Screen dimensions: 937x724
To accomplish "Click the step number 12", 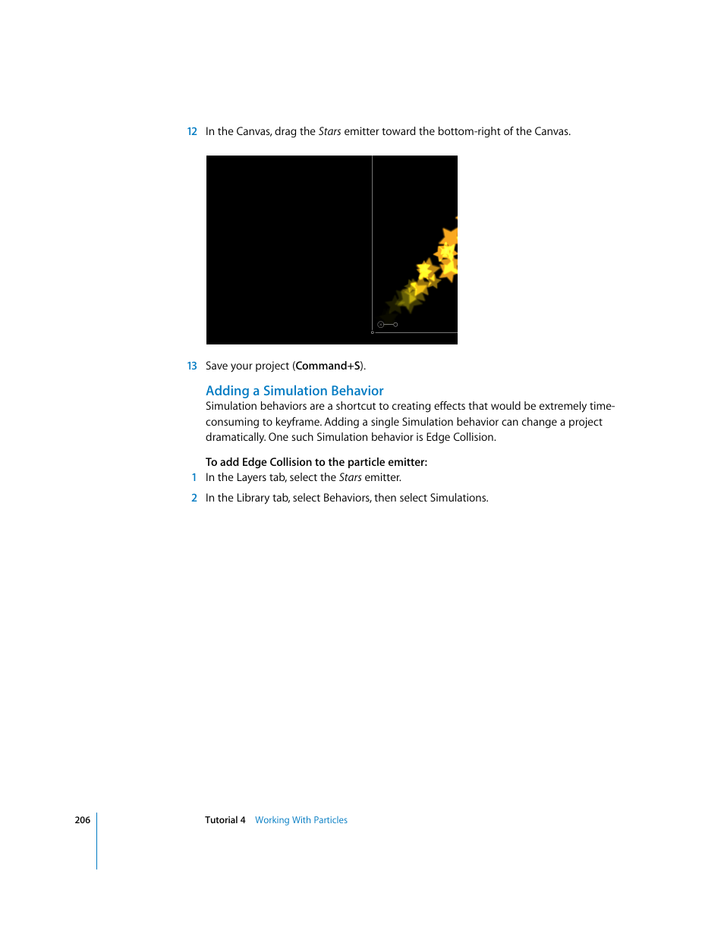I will pos(192,131).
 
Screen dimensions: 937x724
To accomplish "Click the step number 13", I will pos(192,366).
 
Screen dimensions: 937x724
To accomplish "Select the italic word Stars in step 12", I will pos(329,131).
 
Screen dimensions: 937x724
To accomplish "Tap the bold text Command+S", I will pos(328,366).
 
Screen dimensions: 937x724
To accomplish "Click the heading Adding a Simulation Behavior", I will pos(294,391).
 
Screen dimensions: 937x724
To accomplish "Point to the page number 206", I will pos(82,820).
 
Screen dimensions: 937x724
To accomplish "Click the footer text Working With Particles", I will pos(301,820).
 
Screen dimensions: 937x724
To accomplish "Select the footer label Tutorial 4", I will pos(225,820).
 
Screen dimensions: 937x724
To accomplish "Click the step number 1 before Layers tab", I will pos(194,477).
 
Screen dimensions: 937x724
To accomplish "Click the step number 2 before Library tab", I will pos(194,498).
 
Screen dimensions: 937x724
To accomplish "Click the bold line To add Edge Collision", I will pos(316,462).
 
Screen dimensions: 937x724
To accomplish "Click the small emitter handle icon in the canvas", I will pos(387,325).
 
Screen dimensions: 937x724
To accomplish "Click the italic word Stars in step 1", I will pos(350,477).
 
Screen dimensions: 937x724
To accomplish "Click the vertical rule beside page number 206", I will pos(97,841).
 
